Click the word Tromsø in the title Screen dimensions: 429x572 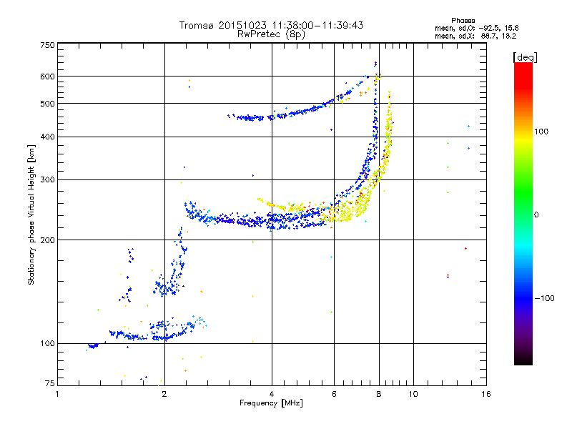[x=197, y=25]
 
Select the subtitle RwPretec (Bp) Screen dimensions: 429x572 [x=272, y=34]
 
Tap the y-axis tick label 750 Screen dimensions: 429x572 [x=48, y=45]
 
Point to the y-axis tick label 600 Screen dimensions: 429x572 [x=48, y=77]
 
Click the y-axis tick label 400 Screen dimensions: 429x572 [x=48, y=137]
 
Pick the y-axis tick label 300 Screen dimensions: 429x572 [x=48, y=180]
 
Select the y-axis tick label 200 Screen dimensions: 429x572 [x=48, y=240]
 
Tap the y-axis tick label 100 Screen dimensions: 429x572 [x=48, y=344]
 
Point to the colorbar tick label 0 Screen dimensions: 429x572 [x=538, y=215]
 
